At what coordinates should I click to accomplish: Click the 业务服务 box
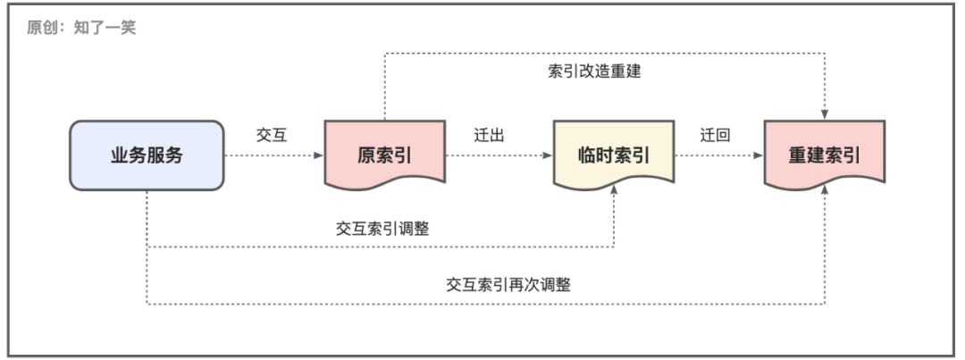pyautogui.click(x=147, y=155)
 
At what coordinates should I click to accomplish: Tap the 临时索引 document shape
pyautogui.click(x=615, y=155)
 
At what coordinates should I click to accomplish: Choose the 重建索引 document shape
pyautogui.click(x=824, y=155)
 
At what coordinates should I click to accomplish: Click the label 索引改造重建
pyautogui.click(x=594, y=71)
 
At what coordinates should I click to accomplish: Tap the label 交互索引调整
pyautogui.click(x=382, y=228)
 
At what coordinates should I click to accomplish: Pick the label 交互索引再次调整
pyautogui.click(x=508, y=285)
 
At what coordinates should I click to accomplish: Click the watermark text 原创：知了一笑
pyautogui.click(x=81, y=27)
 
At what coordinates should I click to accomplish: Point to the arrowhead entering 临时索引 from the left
pyautogui.click(x=549, y=155)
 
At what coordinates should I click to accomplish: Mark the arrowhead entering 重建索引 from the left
pyautogui.click(x=759, y=155)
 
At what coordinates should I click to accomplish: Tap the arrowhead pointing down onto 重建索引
pyautogui.click(x=825, y=115)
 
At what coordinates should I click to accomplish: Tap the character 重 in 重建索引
pyautogui.click(x=797, y=155)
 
